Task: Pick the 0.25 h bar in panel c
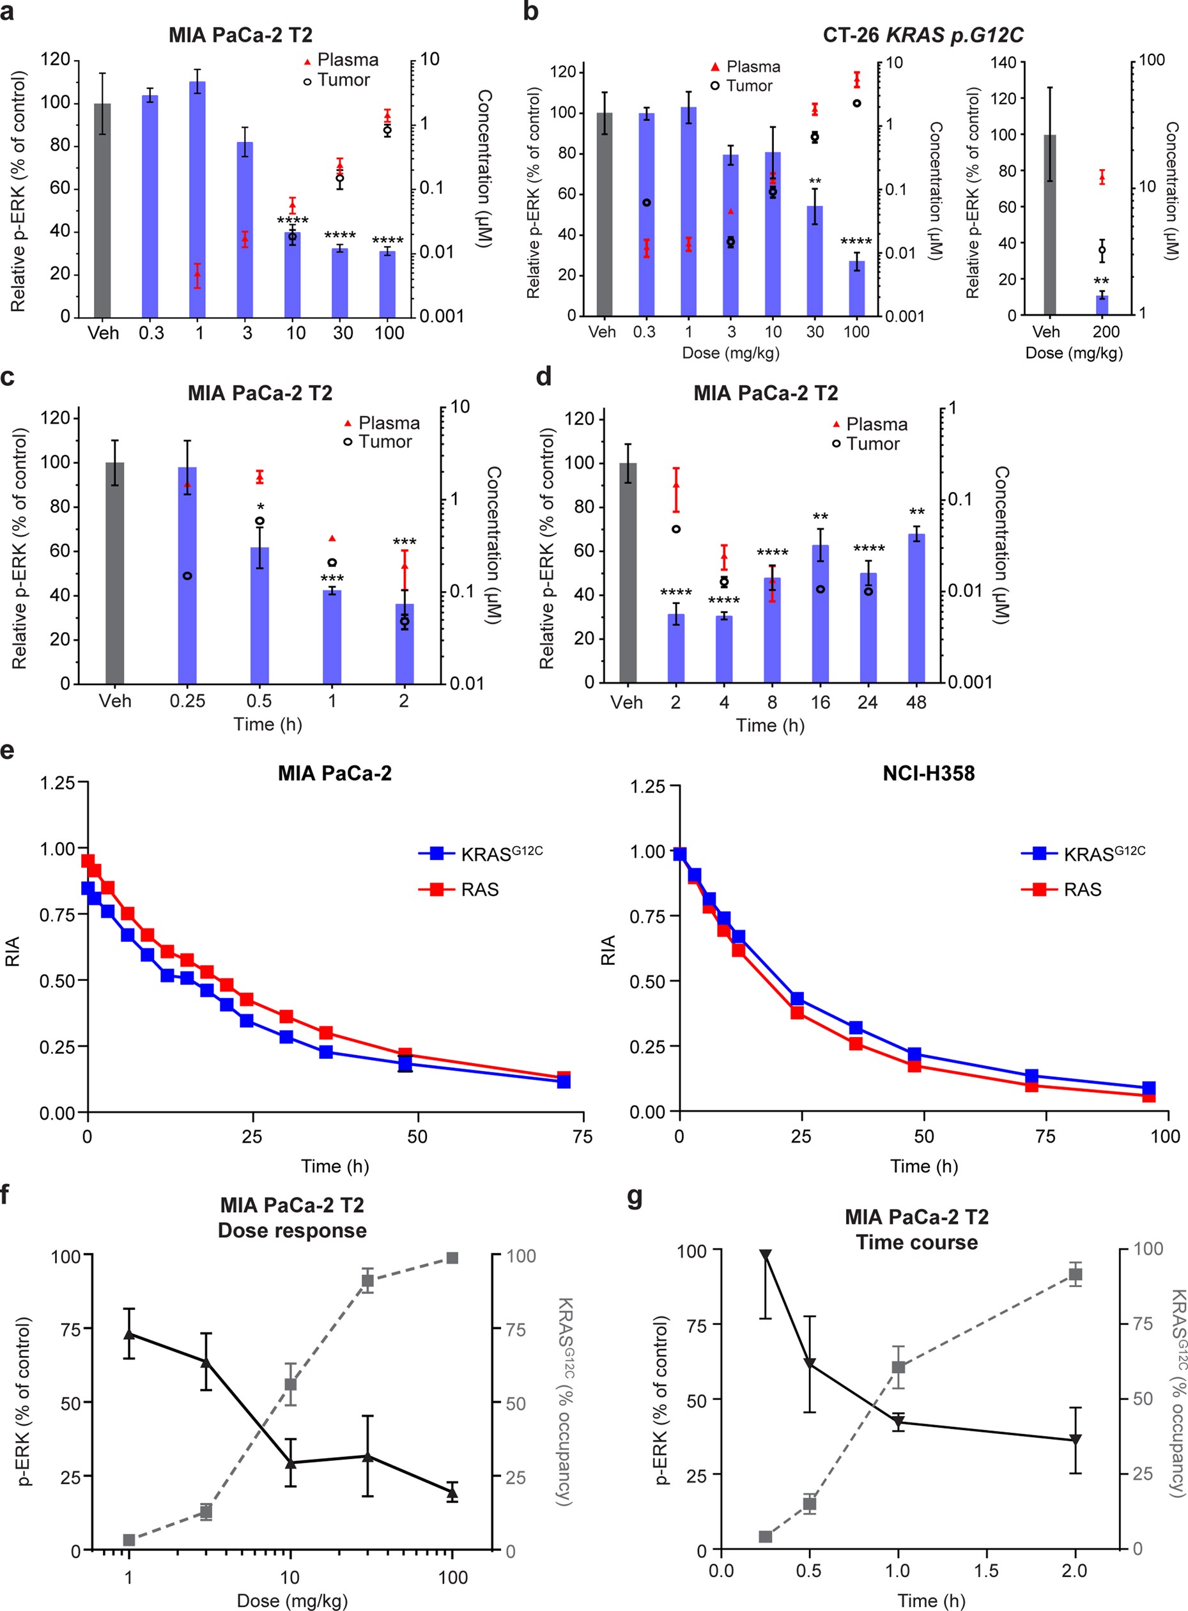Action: click(x=187, y=575)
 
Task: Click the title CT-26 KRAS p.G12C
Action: click(x=923, y=35)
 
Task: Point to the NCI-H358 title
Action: click(x=929, y=773)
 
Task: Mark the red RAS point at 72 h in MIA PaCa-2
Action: click(x=564, y=1077)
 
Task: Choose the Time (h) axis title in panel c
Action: click(x=268, y=724)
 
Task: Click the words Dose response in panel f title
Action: click(x=292, y=1231)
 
